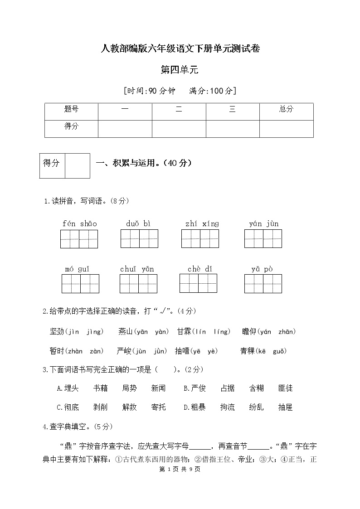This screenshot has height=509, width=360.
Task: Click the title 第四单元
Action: point(180,70)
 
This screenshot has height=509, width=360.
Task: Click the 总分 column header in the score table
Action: point(286,109)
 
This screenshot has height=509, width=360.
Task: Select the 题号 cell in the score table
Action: point(71,109)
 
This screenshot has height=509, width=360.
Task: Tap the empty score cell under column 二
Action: point(179,128)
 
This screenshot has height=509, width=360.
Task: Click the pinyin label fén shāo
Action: point(79,223)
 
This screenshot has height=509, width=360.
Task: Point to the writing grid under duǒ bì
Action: point(139,239)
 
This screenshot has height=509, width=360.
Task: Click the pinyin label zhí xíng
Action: point(202,223)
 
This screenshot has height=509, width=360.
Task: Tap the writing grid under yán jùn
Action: point(263,239)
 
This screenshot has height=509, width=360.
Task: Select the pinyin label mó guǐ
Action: point(77,269)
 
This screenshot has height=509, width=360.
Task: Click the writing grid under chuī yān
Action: point(138,284)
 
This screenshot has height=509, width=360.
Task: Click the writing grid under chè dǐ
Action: point(198,283)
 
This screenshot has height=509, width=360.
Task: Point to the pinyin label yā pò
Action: point(262,269)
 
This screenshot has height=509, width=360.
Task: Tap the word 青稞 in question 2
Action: point(248,351)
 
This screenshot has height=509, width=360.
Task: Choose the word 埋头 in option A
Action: point(72,388)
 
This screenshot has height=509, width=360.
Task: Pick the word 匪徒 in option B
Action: point(285,388)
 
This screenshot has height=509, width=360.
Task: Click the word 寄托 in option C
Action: point(158,407)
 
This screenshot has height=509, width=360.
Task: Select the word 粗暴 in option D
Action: point(198,407)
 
